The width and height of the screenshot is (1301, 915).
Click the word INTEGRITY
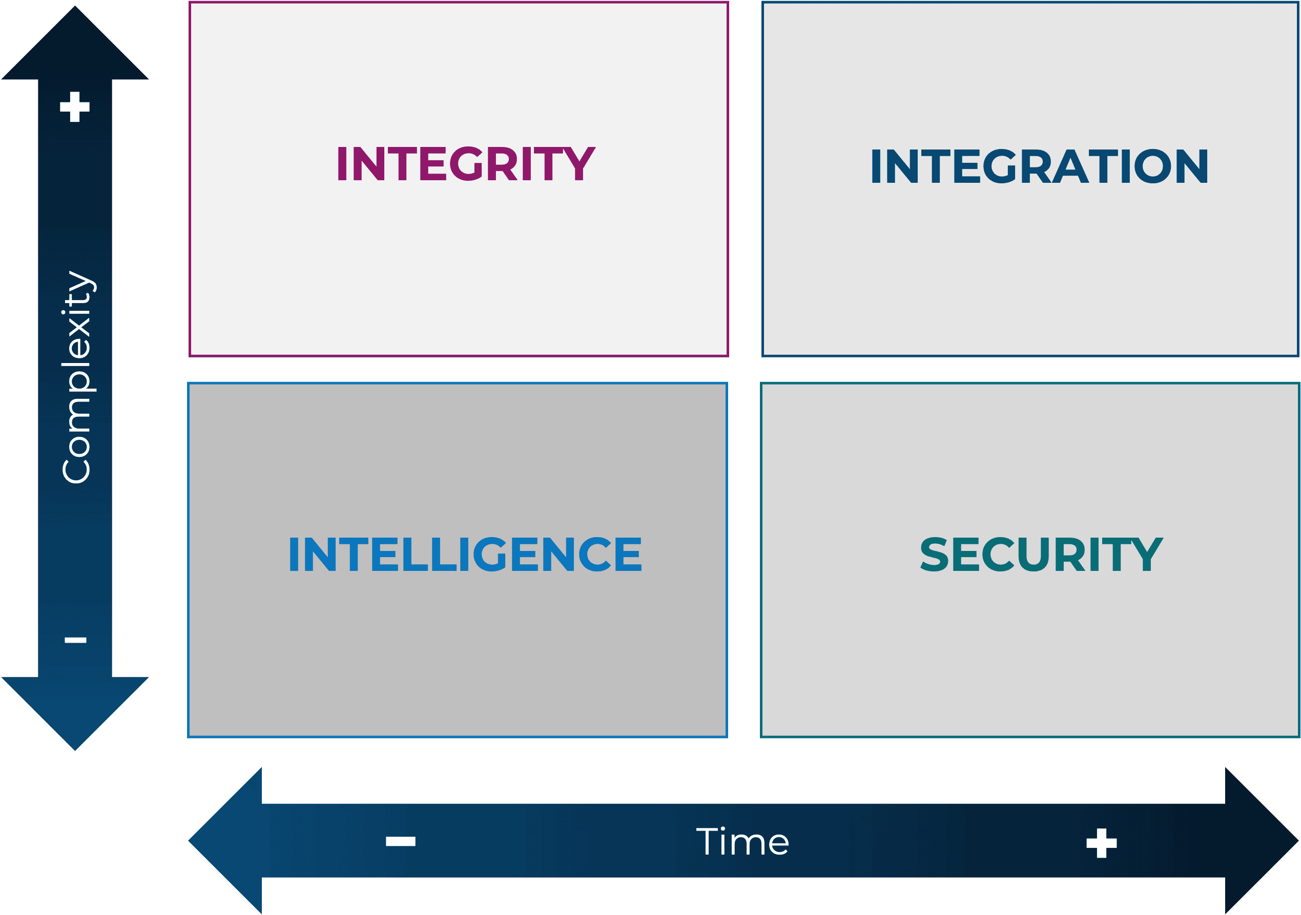pos(466,164)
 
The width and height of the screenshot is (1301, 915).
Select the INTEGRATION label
pos(1040,166)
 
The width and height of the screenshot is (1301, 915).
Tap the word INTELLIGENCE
pos(465,554)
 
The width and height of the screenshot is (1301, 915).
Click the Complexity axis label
pos(77,377)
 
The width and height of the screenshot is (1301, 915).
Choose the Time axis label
pos(742,841)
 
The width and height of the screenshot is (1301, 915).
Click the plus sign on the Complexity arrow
pos(75,107)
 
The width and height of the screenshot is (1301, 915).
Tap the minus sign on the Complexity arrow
pos(75,640)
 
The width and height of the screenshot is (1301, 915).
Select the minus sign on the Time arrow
pos(401,841)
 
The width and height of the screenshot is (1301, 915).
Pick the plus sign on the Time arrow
pos(1102,843)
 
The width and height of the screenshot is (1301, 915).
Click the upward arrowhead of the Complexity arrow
pos(75,43)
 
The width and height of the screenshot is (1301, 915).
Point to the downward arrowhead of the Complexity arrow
pos(75,713)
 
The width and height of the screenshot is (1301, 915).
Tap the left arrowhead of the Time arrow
pos(225,841)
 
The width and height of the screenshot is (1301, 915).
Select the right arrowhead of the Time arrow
pos(1262,841)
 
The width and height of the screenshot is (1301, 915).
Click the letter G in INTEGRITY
pos(466,164)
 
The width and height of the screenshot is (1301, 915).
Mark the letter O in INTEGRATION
pos(1152,166)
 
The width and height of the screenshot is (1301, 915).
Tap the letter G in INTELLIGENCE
pos(489,554)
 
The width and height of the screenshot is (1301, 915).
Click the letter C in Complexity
pos(76,472)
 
